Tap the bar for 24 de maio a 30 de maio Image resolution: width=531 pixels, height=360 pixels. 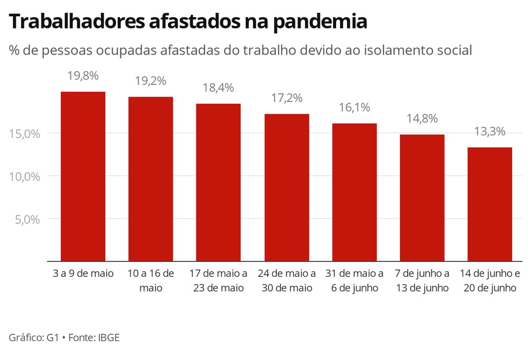(x=287, y=188)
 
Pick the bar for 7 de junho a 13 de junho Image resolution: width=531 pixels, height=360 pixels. (x=422, y=198)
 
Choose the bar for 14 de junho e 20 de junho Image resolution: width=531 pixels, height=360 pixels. (x=489, y=205)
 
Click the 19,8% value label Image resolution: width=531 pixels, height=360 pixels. (x=83, y=76)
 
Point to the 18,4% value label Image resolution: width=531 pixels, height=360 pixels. (x=218, y=87)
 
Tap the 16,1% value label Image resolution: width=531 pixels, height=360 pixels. (x=354, y=107)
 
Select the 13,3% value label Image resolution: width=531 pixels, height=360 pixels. (x=489, y=132)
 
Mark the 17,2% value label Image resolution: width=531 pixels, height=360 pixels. (x=287, y=98)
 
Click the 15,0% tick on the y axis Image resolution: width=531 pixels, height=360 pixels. (x=25, y=134)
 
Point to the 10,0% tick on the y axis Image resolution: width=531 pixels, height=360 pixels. (x=25, y=176)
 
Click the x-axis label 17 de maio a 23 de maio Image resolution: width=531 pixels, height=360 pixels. (x=218, y=281)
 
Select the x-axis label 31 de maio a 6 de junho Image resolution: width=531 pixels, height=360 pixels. (x=354, y=281)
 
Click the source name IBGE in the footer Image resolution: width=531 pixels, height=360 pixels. (x=108, y=338)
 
